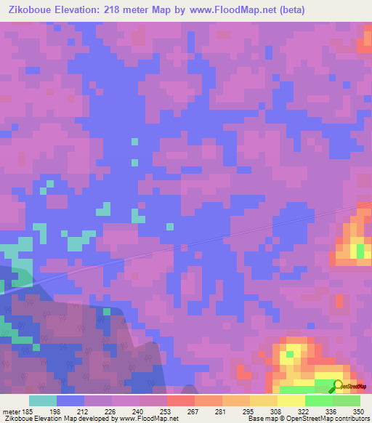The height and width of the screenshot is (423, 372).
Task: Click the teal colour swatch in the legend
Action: tap(43, 400)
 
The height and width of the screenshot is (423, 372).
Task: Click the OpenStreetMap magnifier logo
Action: tap(339, 386)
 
